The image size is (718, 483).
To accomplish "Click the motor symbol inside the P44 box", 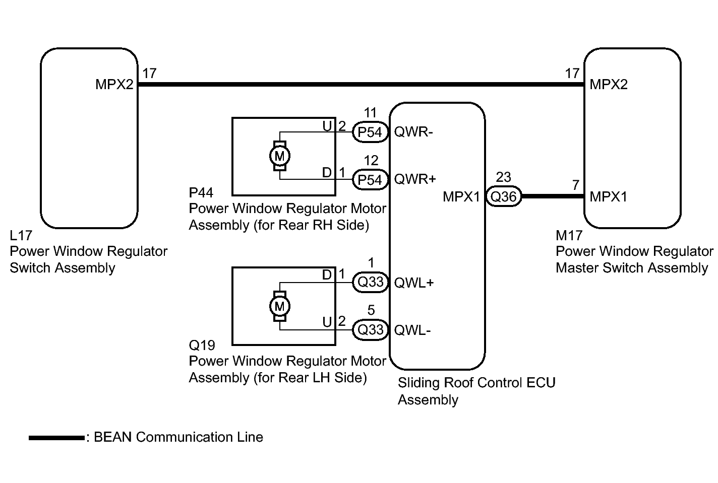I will click(279, 156).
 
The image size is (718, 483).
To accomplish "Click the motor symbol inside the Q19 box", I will click(279, 306).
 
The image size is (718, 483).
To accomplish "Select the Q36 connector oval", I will click(503, 196).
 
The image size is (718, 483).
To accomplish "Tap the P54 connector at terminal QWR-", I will click(370, 132).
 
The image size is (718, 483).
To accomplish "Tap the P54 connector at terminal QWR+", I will click(370, 180).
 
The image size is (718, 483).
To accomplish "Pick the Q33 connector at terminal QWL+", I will click(370, 282).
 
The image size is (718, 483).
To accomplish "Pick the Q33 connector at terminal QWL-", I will click(370, 329).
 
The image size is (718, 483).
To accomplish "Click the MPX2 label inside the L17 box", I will click(114, 85).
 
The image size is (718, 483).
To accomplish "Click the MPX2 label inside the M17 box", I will click(609, 85).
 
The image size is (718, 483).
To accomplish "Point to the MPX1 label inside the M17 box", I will click(609, 196).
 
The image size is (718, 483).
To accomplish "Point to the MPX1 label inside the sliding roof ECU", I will click(461, 196).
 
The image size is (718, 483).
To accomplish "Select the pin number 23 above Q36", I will click(503, 177).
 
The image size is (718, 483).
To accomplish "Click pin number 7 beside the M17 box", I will click(576, 185).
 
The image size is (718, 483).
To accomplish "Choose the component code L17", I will click(21, 235).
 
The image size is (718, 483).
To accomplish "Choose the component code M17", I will click(569, 235).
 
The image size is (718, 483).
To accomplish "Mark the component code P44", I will click(201, 193).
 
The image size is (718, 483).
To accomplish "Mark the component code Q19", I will click(202, 346).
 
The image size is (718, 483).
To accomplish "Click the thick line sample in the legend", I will click(56, 438).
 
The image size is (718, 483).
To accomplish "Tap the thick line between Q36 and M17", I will click(552, 196).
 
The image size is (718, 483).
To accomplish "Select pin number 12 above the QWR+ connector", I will click(371, 161).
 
